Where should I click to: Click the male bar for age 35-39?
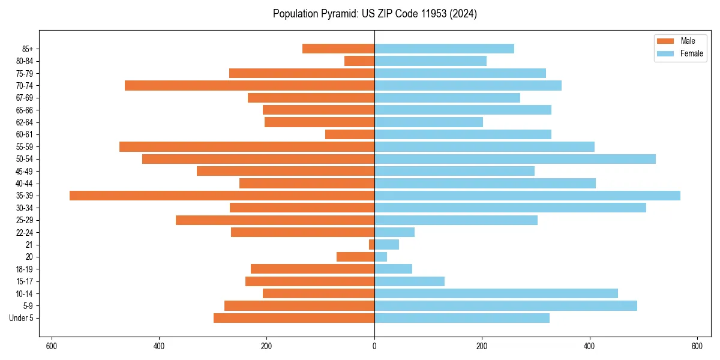[x=222, y=196]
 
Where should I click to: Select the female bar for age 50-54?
[x=515, y=159]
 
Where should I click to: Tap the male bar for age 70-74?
[x=250, y=86]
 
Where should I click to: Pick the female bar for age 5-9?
[x=506, y=306]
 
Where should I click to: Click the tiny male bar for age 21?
[x=372, y=245]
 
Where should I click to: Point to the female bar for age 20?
[x=380, y=257]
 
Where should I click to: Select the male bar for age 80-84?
[x=359, y=61]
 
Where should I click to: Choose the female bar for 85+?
[x=444, y=49]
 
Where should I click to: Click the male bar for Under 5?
[x=294, y=318]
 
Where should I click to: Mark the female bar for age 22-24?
[x=394, y=232]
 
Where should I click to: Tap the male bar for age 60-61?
[x=350, y=134]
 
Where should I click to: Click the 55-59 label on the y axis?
[x=25, y=147]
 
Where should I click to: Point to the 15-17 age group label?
[x=25, y=281]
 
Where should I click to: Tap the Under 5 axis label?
[x=21, y=318]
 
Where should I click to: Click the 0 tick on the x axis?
[x=374, y=346]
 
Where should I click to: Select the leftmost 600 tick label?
[x=52, y=346]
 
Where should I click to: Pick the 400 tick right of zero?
[x=589, y=346]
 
